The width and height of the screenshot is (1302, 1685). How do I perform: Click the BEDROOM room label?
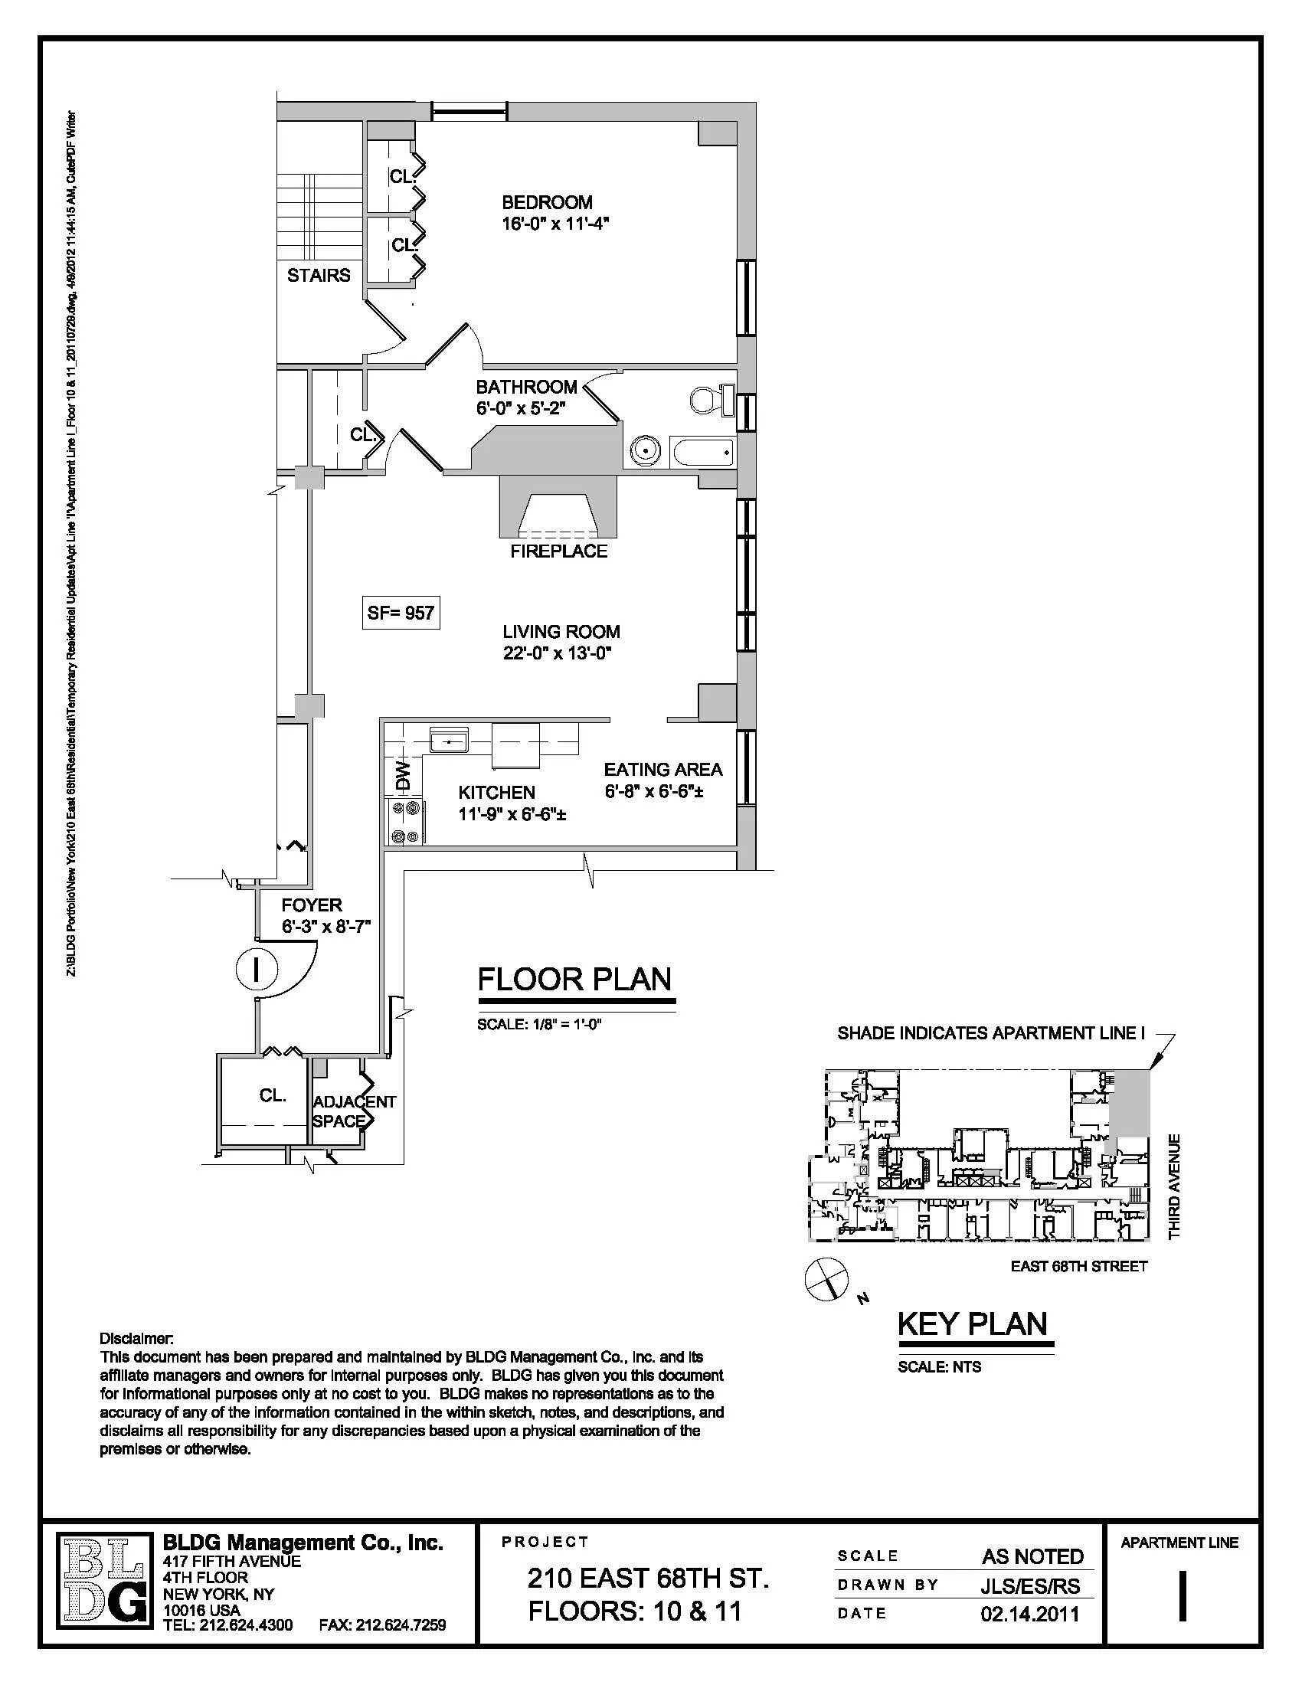pos(547,202)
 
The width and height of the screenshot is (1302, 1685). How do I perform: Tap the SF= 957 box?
pos(401,613)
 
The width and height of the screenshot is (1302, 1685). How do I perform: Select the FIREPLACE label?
pos(558,551)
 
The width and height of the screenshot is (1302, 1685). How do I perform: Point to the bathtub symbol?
pos(702,451)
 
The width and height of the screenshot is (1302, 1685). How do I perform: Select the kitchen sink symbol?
pos(449,741)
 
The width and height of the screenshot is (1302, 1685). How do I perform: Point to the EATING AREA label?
pos(662,769)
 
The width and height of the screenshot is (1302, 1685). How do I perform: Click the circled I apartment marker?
pos(256,970)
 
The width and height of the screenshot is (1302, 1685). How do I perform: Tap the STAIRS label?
pos(319,276)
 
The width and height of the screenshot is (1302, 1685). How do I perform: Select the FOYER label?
pos(311,905)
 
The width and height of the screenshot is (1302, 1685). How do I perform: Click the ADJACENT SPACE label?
pos(353,1112)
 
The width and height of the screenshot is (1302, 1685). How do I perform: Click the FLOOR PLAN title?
pos(574,979)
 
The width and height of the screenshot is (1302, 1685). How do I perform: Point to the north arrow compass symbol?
pos(826,1278)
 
